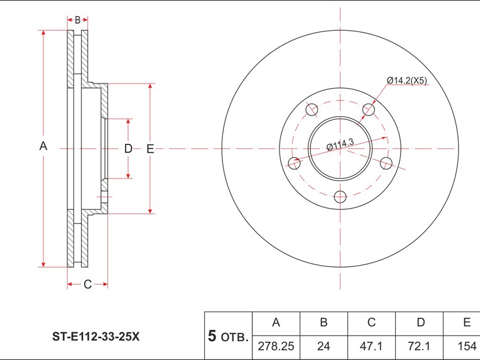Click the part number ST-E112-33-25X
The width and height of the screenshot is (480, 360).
point(96,337)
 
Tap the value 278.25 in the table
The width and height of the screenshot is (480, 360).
point(276,346)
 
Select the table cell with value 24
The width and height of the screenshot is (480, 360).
point(324,346)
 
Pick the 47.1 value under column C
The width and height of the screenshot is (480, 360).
point(371,346)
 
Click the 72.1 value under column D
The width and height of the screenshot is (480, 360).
point(419,346)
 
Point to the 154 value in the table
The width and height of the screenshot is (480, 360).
point(467,346)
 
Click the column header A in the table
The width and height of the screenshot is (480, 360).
point(276,322)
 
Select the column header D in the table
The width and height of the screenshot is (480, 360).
point(421,322)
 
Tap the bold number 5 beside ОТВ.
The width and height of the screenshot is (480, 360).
point(212,336)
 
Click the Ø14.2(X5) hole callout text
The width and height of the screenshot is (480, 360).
point(407,80)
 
